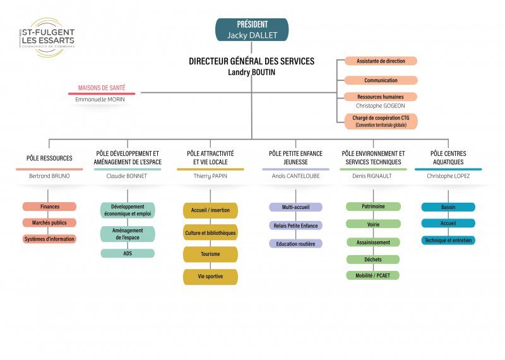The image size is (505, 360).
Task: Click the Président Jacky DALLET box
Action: pos(252,30)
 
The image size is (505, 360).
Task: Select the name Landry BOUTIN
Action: pos(251,73)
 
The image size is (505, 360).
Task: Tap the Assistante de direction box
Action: pos(381,61)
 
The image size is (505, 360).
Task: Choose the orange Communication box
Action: pos(381,80)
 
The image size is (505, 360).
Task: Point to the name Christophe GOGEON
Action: pos(381,105)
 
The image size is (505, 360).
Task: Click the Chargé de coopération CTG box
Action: pos(381,121)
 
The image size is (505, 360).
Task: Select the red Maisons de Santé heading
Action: pos(102,88)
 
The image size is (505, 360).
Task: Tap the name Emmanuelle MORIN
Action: pos(102,100)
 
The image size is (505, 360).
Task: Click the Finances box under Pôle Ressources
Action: pos(49,207)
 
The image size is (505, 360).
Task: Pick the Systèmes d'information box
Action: pos(49,239)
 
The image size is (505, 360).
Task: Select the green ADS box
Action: pos(127,253)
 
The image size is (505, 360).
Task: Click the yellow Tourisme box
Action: pos(210,255)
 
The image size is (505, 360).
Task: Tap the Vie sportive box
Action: pos(210,277)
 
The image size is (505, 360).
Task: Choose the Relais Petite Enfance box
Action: pos(295,225)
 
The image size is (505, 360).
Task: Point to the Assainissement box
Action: pos(373,242)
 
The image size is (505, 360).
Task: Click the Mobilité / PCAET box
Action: pos(373,275)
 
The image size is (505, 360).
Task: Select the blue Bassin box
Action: pos(448,207)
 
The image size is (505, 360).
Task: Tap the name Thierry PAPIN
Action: pos(210,176)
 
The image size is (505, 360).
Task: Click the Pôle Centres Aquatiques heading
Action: pos(448,157)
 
